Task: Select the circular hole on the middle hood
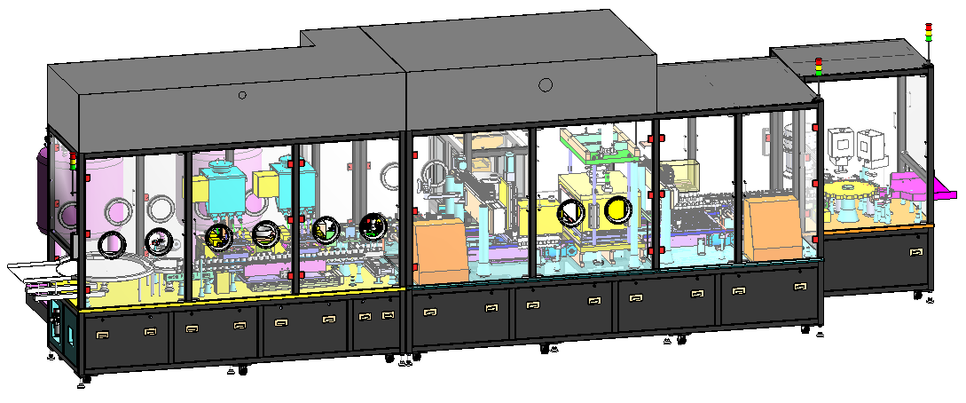coord(546,85)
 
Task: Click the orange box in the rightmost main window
coord(774,227)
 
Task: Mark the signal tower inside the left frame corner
coord(74,162)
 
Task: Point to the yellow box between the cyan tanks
coord(265,184)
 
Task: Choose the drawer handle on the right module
coord(914,251)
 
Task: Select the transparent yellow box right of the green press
coord(679,176)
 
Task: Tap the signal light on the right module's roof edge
coord(818,66)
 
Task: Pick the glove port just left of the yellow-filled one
coord(570,212)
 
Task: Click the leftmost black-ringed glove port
coord(112,244)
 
